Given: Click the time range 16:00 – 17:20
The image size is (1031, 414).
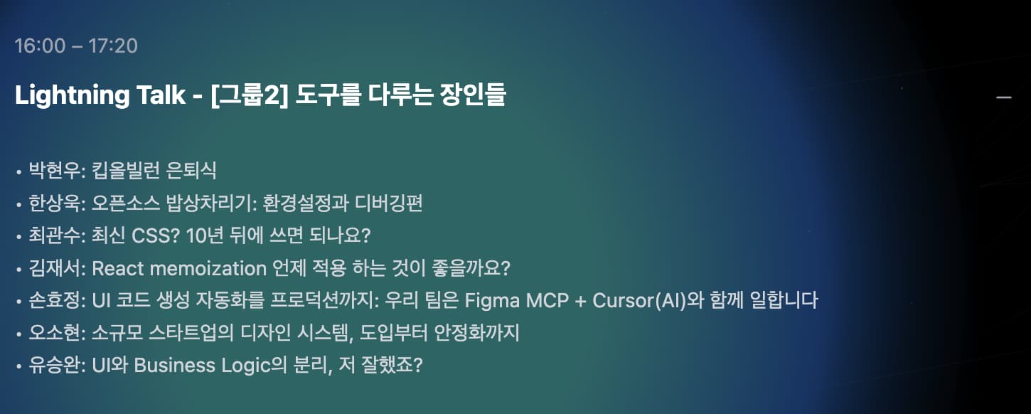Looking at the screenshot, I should pos(76,46).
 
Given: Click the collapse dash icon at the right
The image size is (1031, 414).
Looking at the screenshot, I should pos(1003,97).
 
